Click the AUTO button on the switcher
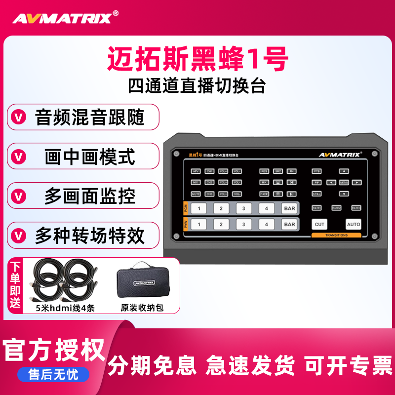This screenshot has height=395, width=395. [354, 224]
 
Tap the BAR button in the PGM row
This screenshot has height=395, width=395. [289, 208]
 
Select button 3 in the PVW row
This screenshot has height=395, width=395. [244, 224]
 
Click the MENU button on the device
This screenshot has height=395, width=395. [344, 182]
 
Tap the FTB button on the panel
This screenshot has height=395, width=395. [317, 171]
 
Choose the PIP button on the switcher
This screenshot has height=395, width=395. [317, 182]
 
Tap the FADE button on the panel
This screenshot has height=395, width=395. [265, 194]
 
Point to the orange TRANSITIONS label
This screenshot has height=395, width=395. [337, 236]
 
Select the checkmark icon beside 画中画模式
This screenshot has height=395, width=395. [19, 157]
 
